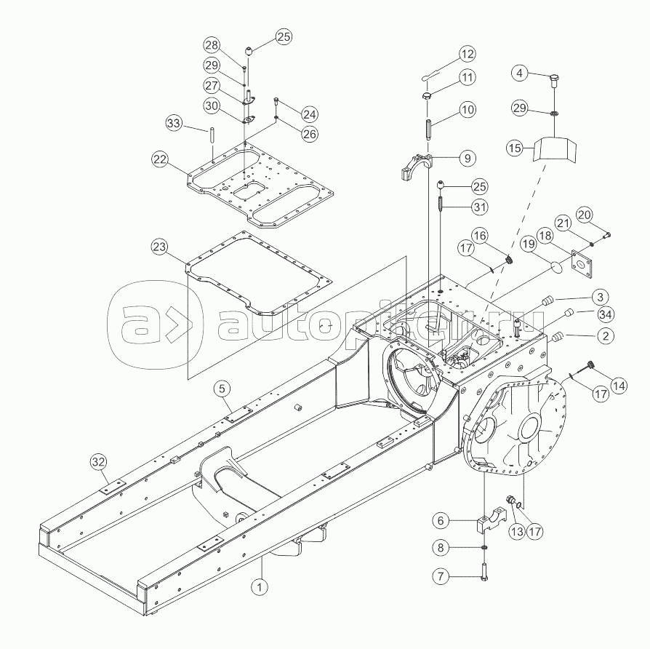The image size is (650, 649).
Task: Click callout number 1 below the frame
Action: click(260, 586)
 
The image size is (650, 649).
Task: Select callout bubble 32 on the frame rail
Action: click(99, 462)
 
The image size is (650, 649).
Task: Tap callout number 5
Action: click(222, 389)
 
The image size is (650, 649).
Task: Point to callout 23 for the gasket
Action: click(159, 247)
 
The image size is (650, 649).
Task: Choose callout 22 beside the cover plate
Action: click(160, 159)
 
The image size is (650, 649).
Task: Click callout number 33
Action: click(174, 123)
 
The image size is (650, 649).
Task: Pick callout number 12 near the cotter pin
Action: click(468, 54)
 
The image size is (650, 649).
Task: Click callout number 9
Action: click(468, 158)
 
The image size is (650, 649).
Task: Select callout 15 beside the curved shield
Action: click(515, 148)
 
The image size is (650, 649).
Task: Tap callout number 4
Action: click(520, 73)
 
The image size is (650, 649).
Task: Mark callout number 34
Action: click(606, 315)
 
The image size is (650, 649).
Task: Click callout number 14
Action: click(619, 386)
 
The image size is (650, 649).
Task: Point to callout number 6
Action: click(441, 520)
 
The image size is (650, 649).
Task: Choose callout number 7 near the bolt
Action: click(441, 576)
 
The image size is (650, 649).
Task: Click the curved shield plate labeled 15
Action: click(554, 149)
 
